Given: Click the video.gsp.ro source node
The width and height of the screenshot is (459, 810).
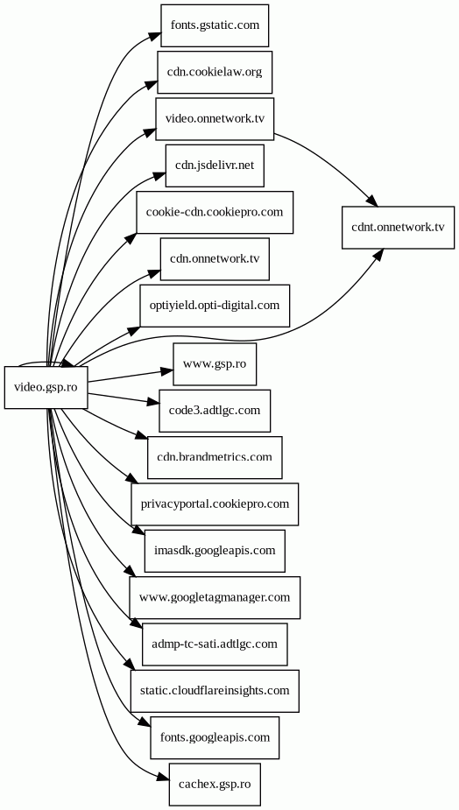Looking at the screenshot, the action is tap(46, 387).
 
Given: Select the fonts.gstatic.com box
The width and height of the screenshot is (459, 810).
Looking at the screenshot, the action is tap(215, 25).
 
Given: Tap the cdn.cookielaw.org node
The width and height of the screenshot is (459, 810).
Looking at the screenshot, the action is tap(215, 72).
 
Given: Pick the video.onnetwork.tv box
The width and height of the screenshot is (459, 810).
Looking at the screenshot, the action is tap(215, 118).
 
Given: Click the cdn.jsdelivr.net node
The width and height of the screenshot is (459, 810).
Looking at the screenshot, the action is tap(215, 166).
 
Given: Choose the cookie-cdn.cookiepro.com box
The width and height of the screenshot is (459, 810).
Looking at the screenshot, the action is tap(215, 212).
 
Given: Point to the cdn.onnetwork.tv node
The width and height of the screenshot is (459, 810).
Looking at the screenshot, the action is tap(215, 259).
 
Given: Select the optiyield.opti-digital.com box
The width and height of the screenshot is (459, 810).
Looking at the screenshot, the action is tap(215, 306).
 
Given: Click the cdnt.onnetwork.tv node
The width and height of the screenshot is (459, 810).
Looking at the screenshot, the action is tap(398, 228).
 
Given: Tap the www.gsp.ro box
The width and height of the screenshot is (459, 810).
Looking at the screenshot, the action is tap(215, 363).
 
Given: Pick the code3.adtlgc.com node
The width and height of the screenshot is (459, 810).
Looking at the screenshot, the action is tap(215, 411).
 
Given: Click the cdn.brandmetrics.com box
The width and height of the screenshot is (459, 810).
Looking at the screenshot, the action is tap(215, 457).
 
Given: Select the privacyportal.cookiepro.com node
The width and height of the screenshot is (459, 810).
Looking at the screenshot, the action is tap(215, 504).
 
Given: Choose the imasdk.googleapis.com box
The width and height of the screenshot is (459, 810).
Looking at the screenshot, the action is tap(215, 551).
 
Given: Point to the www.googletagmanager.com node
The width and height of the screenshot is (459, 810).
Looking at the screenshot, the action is tap(215, 598).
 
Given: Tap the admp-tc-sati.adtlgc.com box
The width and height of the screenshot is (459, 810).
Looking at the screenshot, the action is tap(215, 644).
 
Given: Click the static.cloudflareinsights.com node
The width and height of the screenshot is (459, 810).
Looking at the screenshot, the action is tap(215, 691).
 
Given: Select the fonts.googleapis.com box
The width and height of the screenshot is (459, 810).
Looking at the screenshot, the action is tap(215, 737).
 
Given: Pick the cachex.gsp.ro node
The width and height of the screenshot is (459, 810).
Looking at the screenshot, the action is tap(215, 785).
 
